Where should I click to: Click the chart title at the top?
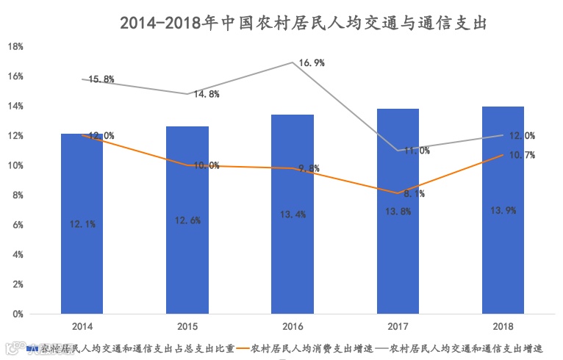tap(303, 24)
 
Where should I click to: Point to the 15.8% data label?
tap(100, 79)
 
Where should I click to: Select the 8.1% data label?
tap(413, 195)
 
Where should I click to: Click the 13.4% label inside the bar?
tap(293, 215)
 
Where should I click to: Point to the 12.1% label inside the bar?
tap(82, 224)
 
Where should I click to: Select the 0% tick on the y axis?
tap(17, 314)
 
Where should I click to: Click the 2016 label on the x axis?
tap(293, 325)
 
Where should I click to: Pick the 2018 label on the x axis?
tap(503, 325)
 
